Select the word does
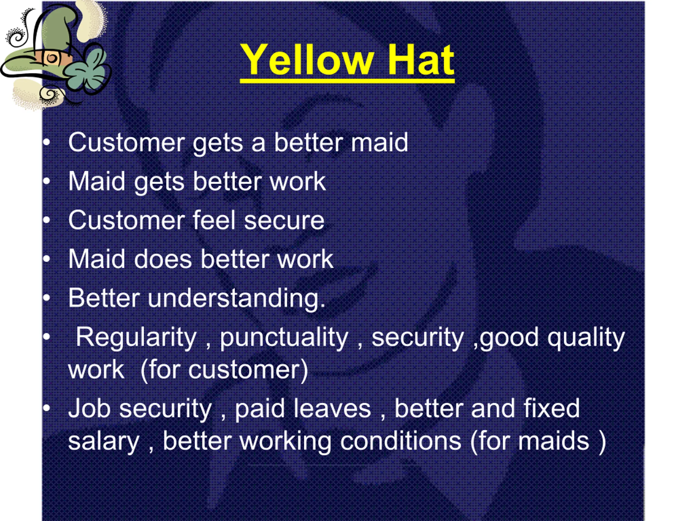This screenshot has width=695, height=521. click(x=163, y=259)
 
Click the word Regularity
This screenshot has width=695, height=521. click(x=136, y=338)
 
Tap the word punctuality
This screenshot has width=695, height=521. click(x=284, y=338)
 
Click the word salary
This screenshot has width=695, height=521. click(x=104, y=441)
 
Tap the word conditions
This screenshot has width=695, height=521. click(x=401, y=441)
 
